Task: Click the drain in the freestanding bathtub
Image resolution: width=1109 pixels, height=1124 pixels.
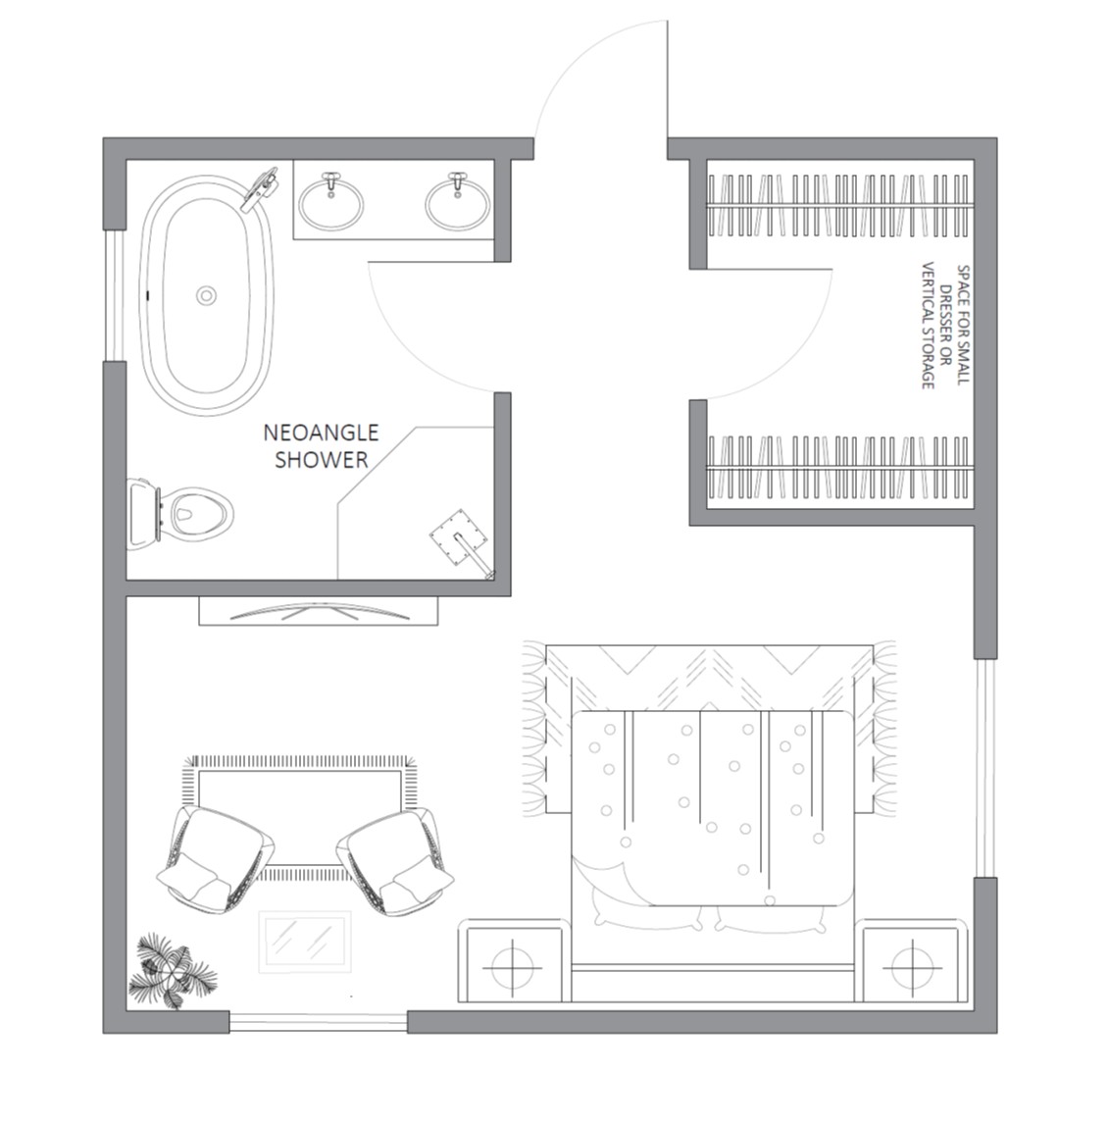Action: pos(207,295)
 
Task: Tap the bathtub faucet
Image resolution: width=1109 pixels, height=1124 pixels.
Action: pos(260,187)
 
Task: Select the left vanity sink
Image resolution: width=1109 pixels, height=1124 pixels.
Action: pos(330,203)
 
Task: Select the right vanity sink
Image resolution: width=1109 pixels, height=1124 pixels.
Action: pos(457,203)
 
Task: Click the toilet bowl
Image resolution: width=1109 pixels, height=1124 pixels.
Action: pos(181,513)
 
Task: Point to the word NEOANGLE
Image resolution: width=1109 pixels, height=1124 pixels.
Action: pos(321,433)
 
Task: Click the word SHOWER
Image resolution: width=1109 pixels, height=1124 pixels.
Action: pos(322,459)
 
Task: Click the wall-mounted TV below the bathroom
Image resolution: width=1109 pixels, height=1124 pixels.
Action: pos(319,611)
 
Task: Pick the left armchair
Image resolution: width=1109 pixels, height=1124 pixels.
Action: pos(215,859)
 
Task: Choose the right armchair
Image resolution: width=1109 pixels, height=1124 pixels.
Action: pos(396,861)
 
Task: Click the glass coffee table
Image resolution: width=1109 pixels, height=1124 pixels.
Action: pos(305,942)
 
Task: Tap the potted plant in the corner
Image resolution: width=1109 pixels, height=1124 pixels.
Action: pos(172,972)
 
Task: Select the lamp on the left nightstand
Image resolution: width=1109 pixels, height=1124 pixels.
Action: pos(513,968)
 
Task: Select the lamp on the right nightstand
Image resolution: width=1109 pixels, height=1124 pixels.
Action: pos(912,969)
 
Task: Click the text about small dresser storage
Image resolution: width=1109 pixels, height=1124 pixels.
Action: pos(945,327)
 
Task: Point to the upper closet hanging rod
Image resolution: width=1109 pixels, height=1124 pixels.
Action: pos(841,206)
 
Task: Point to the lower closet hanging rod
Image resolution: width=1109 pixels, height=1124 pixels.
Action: pos(841,468)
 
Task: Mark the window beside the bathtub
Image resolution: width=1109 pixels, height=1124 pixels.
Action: pos(115,295)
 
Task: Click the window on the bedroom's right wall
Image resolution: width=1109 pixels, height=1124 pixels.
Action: pos(985,767)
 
